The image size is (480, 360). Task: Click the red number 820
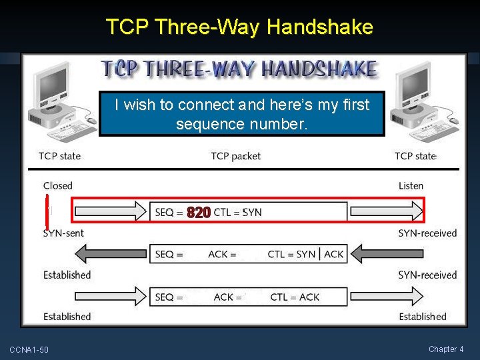[x=199, y=213]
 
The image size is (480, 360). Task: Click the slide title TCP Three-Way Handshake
[x=239, y=27]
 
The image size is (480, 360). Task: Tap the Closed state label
[x=57, y=185]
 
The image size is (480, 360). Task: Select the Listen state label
[x=411, y=185]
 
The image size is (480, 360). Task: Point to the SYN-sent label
[x=63, y=233]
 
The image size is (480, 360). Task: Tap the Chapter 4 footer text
[x=446, y=349]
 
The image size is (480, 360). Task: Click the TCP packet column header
[x=235, y=156]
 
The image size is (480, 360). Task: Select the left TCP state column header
[x=59, y=156]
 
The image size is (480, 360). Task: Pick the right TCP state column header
[x=415, y=156]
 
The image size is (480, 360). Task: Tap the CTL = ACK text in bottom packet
[x=295, y=297]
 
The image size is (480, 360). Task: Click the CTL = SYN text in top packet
[x=238, y=213]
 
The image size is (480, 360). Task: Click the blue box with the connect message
[x=242, y=114]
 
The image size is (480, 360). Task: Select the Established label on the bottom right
[x=423, y=317]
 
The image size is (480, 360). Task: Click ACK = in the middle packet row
[x=222, y=254]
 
